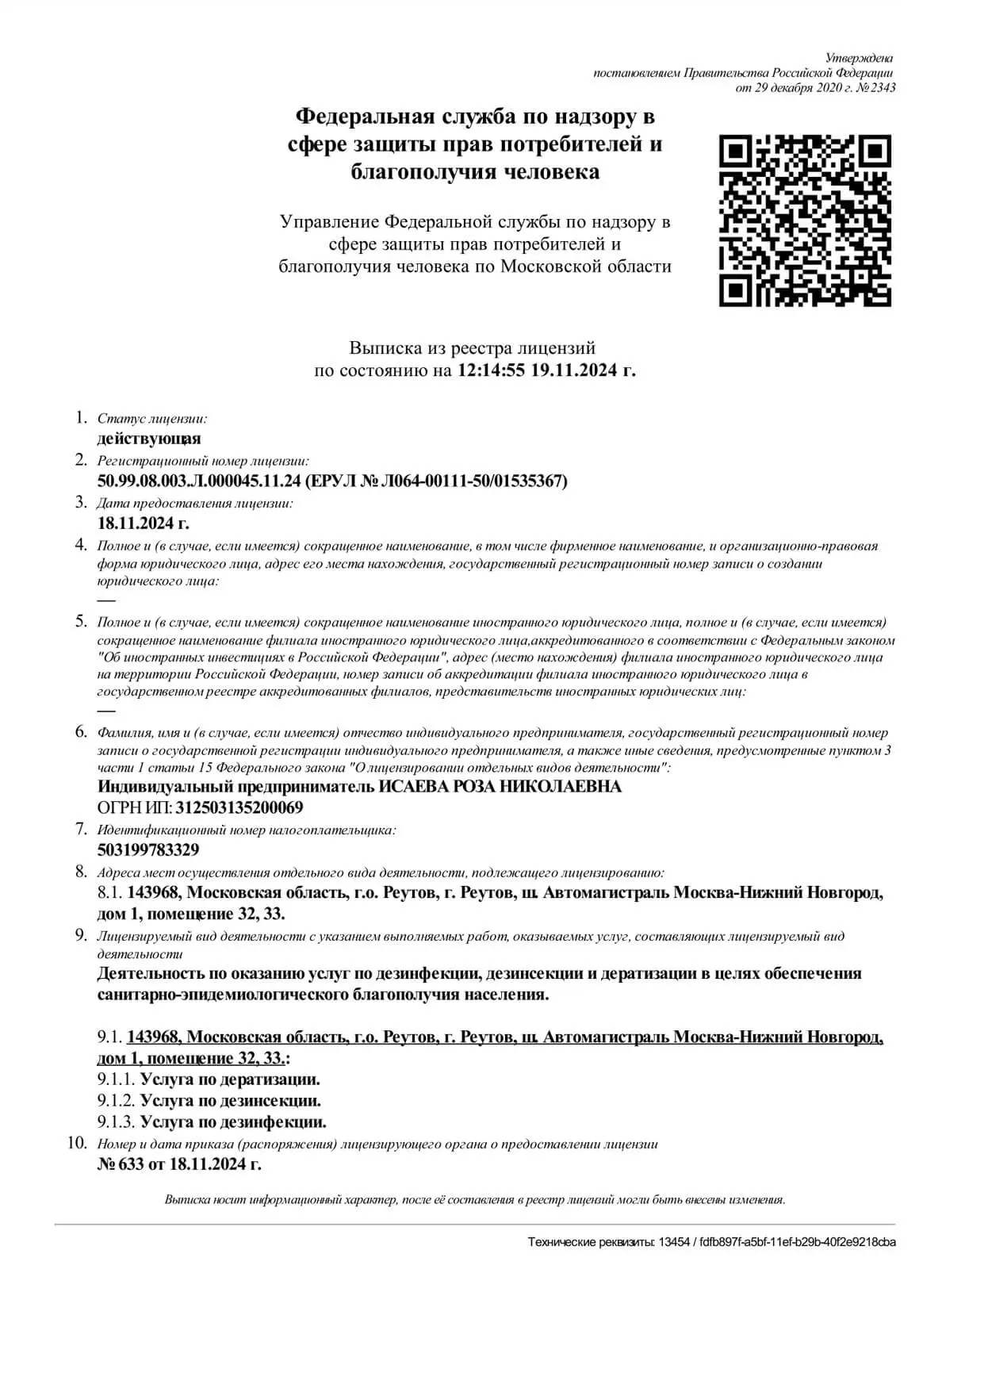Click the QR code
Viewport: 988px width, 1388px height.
(x=805, y=220)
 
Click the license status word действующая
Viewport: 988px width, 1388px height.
(x=149, y=439)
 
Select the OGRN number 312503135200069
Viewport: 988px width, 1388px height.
(x=239, y=807)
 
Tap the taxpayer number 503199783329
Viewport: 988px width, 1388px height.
(x=148, y=849)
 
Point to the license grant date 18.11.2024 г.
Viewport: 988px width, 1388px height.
(x=144, y=523)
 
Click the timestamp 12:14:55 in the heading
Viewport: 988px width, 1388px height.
(x=492, y=370)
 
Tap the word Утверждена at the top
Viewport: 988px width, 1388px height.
(x=859, y=58)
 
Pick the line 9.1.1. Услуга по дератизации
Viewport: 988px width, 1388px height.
(x=209, y=1079)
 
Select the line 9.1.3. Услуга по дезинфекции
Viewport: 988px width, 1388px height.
(x=212, y=1122)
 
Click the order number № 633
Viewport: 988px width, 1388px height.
(x=121, y=1164)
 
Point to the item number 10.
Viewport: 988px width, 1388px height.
(x=77, y=1143)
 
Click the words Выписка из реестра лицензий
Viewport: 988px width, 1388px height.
(x=473, y=347)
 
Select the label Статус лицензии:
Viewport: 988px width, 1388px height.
(x=152, y=419)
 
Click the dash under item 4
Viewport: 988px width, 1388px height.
(x=105, y=600)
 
